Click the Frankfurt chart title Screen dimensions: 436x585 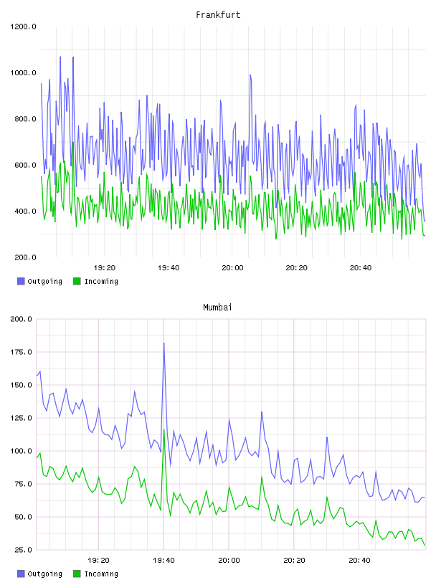[218, 15]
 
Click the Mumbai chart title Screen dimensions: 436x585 [217, 308]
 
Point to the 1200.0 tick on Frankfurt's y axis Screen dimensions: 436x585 [23, 27]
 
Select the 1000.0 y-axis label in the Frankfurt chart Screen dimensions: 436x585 [23, 72]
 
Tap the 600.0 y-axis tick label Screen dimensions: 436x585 [25, 166]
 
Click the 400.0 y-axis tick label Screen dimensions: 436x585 [25, 211]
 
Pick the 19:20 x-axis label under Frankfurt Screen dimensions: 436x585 [105, 268]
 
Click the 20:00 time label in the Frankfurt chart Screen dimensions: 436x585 [232, 268]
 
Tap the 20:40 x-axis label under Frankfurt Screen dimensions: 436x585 [361, 268]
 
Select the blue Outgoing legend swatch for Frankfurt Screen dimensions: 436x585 [21, 281]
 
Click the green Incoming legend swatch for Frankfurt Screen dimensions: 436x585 [77, 281]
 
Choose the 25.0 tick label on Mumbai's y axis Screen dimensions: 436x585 [24, 550]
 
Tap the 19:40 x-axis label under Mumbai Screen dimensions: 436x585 [164, 561]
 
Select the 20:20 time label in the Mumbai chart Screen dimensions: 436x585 [294, 561]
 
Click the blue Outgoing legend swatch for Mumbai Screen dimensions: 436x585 [21, 574]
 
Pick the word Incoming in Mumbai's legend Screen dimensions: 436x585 [101, 574]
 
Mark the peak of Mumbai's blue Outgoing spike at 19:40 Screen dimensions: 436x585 [164, 343]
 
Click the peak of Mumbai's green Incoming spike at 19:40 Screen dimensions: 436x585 [164, 430]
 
